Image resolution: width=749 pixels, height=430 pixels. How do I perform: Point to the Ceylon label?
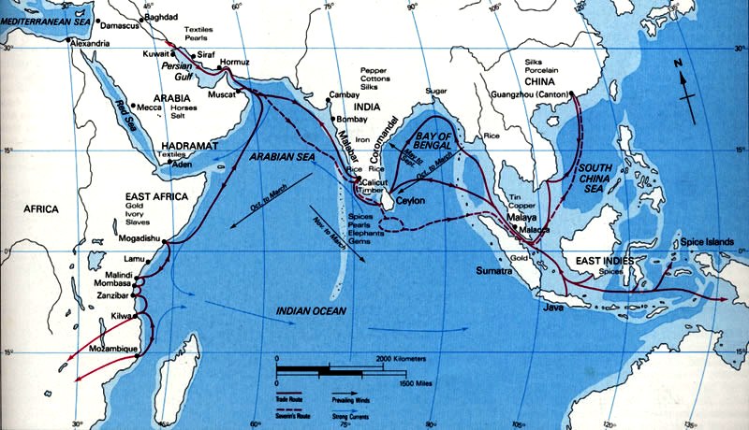click(410, 200)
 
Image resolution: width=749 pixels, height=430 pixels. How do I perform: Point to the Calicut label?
click(379, 181)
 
